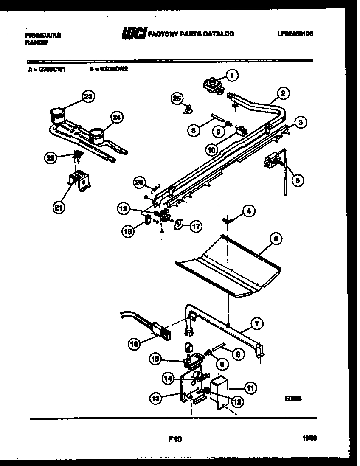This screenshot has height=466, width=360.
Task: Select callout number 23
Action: click(87, 96)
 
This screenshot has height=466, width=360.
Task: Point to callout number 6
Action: click(275, 239)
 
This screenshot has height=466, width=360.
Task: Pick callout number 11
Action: click(250, 387)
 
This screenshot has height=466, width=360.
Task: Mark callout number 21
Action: click(59, 208)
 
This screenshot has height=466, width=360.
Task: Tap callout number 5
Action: click(297, 180)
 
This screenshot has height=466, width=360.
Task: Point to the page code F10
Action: click(174, 439)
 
